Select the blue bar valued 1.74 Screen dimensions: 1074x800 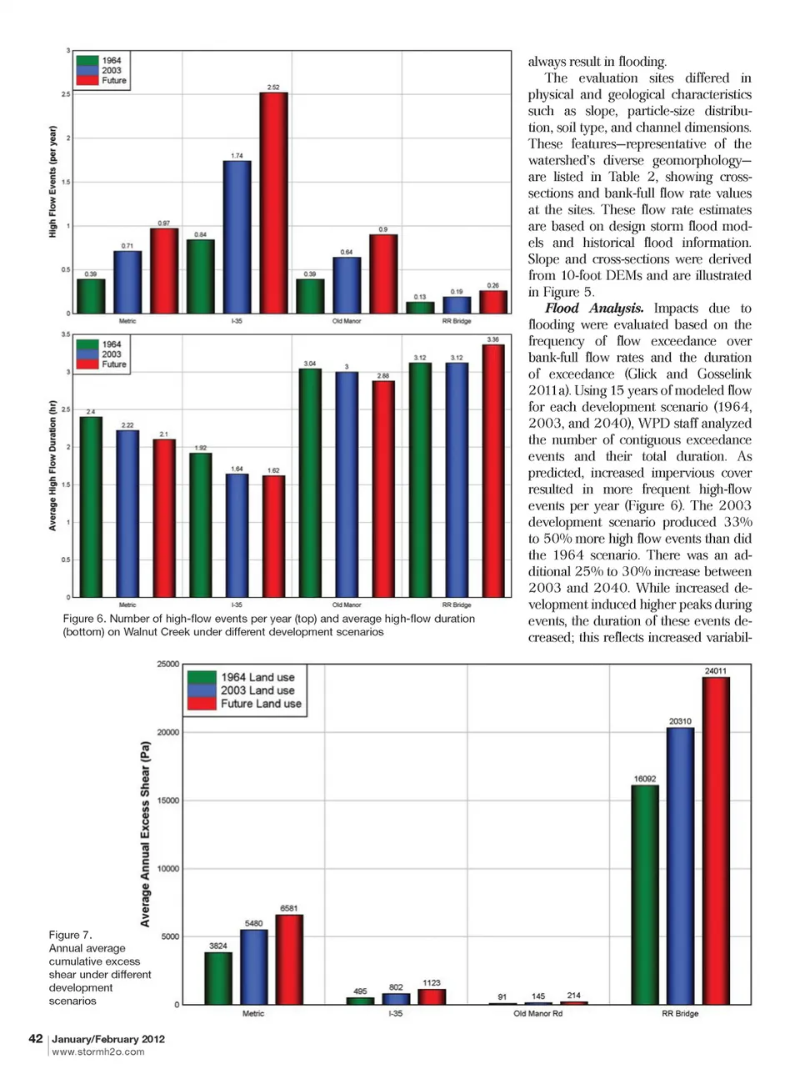pos(237,237)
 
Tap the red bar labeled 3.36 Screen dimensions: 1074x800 pos(492,470)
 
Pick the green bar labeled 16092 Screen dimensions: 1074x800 pos(644,894)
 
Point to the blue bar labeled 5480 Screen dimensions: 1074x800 pos(253,966)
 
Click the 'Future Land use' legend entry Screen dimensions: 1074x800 pos(260,704)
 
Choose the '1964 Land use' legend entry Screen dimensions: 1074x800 pos(257,677)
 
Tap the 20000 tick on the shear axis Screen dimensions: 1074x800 pos(167,732)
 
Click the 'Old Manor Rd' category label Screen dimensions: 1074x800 pos(537,1014)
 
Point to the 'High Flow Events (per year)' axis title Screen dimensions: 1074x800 pos(53,182)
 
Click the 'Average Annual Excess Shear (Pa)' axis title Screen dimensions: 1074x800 pos(145,834)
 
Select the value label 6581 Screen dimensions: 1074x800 pos(288,908)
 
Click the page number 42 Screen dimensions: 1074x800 pos(36,1038)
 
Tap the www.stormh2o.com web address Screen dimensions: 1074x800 pos(97,1052)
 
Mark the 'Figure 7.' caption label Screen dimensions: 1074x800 pos(70,935)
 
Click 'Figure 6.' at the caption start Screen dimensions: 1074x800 pos(84,619)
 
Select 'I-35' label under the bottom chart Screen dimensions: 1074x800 pos(395,1014)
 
